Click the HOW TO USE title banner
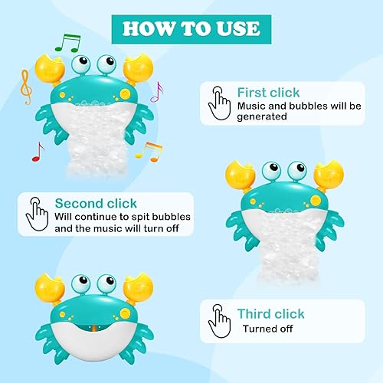pos(191,28)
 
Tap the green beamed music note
pos(68,43)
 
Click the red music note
pos(37,151)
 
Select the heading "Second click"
pos(96,203)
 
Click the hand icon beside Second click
pos(36,213)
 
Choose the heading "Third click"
pos(270,314)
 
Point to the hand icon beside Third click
pos(220,320)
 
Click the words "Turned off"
pos(268,329)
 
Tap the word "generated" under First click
pos(261,117)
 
